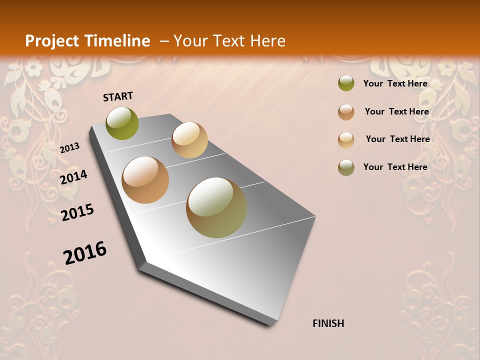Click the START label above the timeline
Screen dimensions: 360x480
118,96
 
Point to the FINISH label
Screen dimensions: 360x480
328,323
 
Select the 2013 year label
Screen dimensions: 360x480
69,148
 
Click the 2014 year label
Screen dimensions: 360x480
73,177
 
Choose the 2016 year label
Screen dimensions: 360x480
85,253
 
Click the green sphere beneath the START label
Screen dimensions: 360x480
122,123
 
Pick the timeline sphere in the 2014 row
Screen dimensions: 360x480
189,140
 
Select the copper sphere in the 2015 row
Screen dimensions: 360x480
145,180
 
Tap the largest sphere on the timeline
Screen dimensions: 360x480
216,207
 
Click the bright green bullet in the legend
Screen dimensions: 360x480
346,83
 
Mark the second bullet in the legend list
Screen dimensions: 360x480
346,111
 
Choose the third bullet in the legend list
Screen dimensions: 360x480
346,139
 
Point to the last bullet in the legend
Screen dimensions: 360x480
346,167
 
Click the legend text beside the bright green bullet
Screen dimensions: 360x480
395,83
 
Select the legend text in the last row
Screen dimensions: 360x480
395,167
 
